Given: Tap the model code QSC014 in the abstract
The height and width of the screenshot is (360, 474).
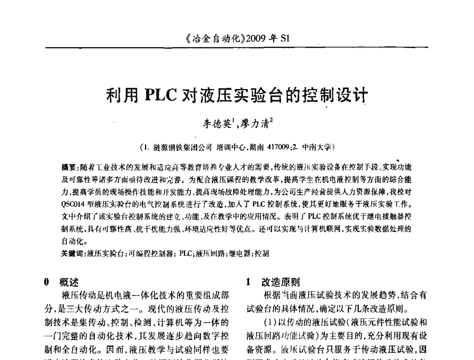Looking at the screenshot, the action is [x=73, y=206].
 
